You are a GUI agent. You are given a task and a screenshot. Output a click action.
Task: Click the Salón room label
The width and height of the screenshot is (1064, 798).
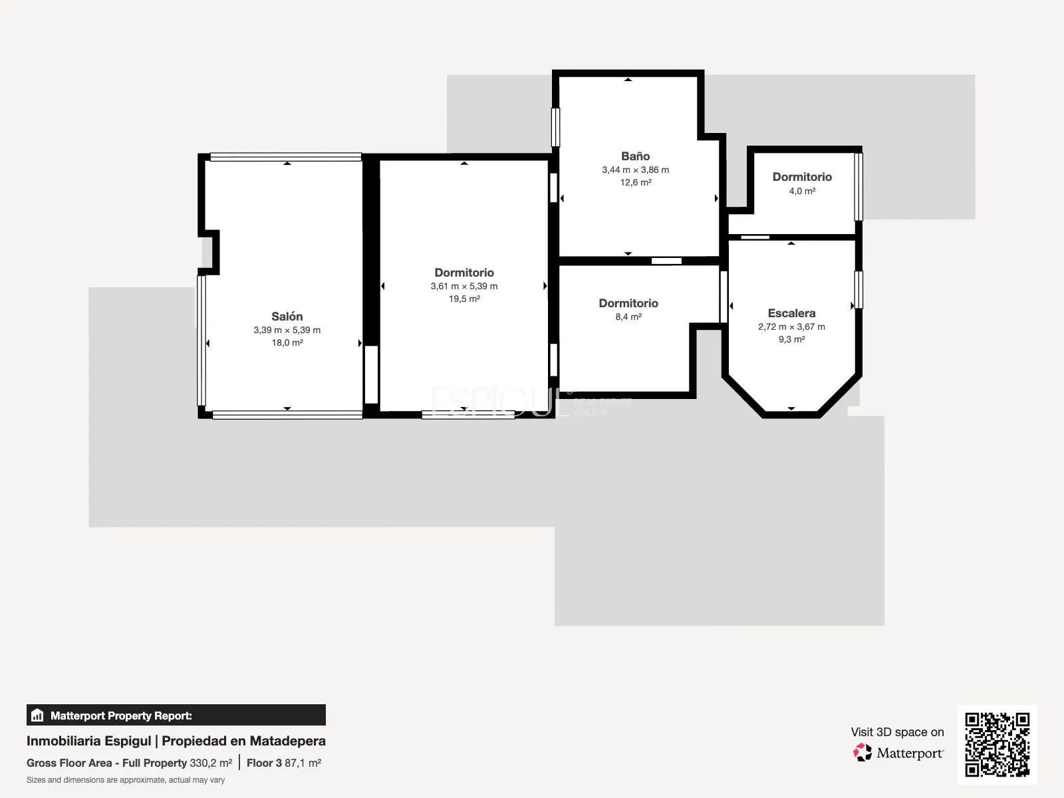click(x=287, y=317)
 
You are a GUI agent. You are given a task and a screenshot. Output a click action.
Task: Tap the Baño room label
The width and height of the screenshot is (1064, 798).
click(x=635, y=156)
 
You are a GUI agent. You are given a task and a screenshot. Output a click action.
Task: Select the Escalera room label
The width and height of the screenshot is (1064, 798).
click(x=791, y=313)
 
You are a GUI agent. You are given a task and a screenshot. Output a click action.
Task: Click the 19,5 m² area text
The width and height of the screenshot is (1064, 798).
click(x=464, y=299)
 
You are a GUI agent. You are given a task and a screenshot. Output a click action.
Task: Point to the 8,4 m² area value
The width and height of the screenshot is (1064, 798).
click(x=628, y=317)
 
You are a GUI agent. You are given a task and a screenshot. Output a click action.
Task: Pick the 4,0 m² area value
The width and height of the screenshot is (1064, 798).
click(x=802, y=191)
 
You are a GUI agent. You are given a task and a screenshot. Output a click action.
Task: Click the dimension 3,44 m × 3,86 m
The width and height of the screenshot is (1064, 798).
click(x=635, y=170)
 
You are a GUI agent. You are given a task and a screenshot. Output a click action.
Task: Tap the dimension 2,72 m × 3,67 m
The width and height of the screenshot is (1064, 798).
click(x=791, y=327)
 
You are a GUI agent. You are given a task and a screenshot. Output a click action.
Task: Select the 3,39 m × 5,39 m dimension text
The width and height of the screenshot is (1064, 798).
click(x=287, y=331)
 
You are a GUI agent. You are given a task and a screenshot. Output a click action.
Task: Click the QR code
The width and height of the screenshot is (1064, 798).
click(x=997, y=744)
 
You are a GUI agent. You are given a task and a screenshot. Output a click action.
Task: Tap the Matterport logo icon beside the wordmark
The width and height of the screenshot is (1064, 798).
click(x=862, y=753)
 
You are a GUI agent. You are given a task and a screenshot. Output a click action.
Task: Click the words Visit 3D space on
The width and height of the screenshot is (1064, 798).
click(x=897, y=732)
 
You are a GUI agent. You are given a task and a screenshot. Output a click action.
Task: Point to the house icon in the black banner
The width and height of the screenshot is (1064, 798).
click(x=37, y=715)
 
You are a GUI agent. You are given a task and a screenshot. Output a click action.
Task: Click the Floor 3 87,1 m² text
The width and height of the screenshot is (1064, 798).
click(x=284, y=763)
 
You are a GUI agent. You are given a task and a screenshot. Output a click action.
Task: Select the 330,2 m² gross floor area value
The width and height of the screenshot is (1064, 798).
click(x=211, y=763)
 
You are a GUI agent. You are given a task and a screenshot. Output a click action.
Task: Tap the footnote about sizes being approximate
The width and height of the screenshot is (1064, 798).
click(x=126, y=780)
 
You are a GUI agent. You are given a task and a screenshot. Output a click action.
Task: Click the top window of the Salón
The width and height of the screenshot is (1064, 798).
click(x=285, y=157)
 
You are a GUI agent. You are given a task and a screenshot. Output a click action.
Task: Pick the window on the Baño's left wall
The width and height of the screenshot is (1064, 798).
click(x=555, y=128)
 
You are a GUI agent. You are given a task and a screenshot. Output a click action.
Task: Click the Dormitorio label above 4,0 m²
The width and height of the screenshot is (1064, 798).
click(x=802, y=177)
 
